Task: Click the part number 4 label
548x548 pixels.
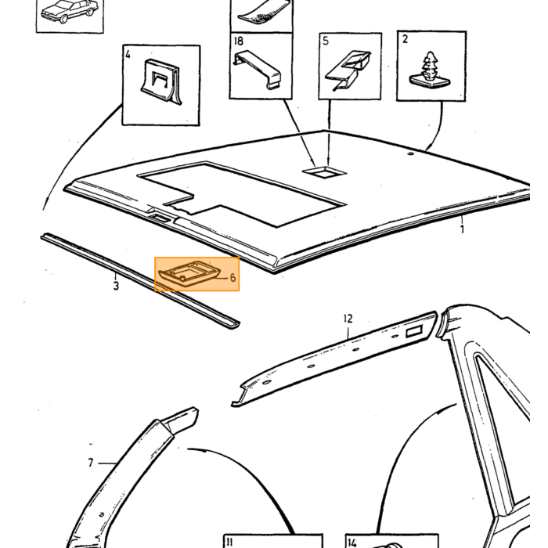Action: (x=128, y=55)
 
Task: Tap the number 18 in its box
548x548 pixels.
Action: (x=238, y=41)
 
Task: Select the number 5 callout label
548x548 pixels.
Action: (x=326, y=41)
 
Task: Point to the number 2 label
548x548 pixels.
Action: (x=405, y=39)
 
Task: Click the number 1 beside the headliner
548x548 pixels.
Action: (x=462, y=229)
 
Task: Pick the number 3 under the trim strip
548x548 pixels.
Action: (x=116, y=286)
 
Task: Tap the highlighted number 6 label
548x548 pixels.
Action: (x=233, y=277)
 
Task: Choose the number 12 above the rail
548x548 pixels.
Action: (x=348, y=319)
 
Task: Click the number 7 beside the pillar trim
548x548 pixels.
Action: (x=91, y=463)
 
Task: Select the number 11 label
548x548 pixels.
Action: (x=229, y=542)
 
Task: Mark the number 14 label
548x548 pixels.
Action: (x=352, y=543)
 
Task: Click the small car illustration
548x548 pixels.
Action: (x=69, y=11)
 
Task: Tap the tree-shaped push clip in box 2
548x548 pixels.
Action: (x=430, y=72)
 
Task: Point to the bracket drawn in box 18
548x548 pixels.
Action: (x=258, y=70)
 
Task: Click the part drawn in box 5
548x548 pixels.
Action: (x=348, y=70)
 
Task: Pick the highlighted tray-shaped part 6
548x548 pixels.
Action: (x=190, y=273)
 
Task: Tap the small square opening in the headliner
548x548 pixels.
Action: (x=325, y=172)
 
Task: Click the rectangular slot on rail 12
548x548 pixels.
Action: (x=414, y=331)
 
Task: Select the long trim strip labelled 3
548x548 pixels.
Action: (x=140, y=280)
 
